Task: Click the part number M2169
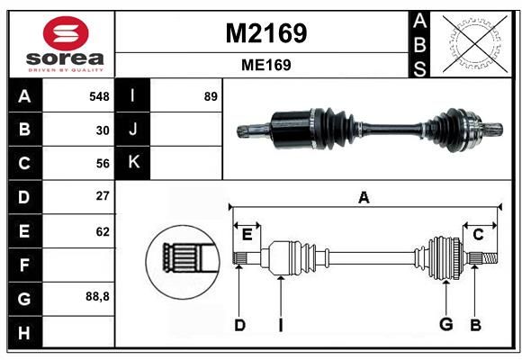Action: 266,33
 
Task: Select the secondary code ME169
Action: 266,65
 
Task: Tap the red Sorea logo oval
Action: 66,33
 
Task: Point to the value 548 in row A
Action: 99,96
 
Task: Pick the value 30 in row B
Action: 103,130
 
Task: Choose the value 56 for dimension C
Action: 103,164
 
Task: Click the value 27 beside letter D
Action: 103,196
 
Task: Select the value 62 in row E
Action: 103,231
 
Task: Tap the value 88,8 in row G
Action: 97,296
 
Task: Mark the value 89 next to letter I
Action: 211,96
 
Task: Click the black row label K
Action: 132,163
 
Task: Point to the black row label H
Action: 25,332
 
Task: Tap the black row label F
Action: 25,265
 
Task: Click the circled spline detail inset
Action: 183,262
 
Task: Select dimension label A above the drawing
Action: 364,197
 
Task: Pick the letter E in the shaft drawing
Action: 247,235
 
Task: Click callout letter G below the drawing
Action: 446,324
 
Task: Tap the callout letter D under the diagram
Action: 239,325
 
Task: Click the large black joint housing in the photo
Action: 292,130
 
